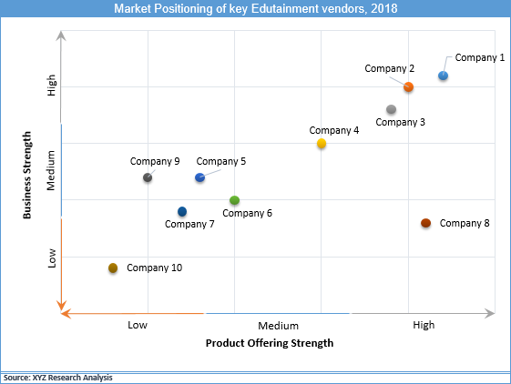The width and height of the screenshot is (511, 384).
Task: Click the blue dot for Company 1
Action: (443, 76)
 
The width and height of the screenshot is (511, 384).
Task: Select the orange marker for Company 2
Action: (409, 87)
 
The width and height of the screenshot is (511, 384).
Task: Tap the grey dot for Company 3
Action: (391, 110)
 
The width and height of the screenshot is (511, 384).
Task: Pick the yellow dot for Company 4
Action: (322, 144)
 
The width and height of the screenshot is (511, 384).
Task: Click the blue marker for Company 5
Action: (200, 177)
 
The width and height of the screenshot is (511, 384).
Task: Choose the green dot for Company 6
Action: (235, 200)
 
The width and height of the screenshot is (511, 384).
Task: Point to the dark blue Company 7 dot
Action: (182, 212)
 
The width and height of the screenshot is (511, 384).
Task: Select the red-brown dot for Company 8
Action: (425, 223)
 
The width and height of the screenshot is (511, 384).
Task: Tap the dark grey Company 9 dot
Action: (148, 177)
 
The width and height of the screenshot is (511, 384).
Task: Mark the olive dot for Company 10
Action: (113, 268)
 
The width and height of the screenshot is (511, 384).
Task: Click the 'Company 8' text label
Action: (465, 223)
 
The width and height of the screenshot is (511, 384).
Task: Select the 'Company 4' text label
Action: (334, 130)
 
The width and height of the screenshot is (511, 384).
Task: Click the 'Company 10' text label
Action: (155, 268)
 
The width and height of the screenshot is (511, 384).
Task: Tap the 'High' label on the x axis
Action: (424, 325)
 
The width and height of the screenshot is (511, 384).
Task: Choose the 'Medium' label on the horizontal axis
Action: (279, 325)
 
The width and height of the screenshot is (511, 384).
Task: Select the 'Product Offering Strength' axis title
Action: (270, 344)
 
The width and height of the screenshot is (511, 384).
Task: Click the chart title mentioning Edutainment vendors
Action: (255, 8)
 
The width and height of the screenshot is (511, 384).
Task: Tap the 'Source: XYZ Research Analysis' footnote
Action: (58, 377)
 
